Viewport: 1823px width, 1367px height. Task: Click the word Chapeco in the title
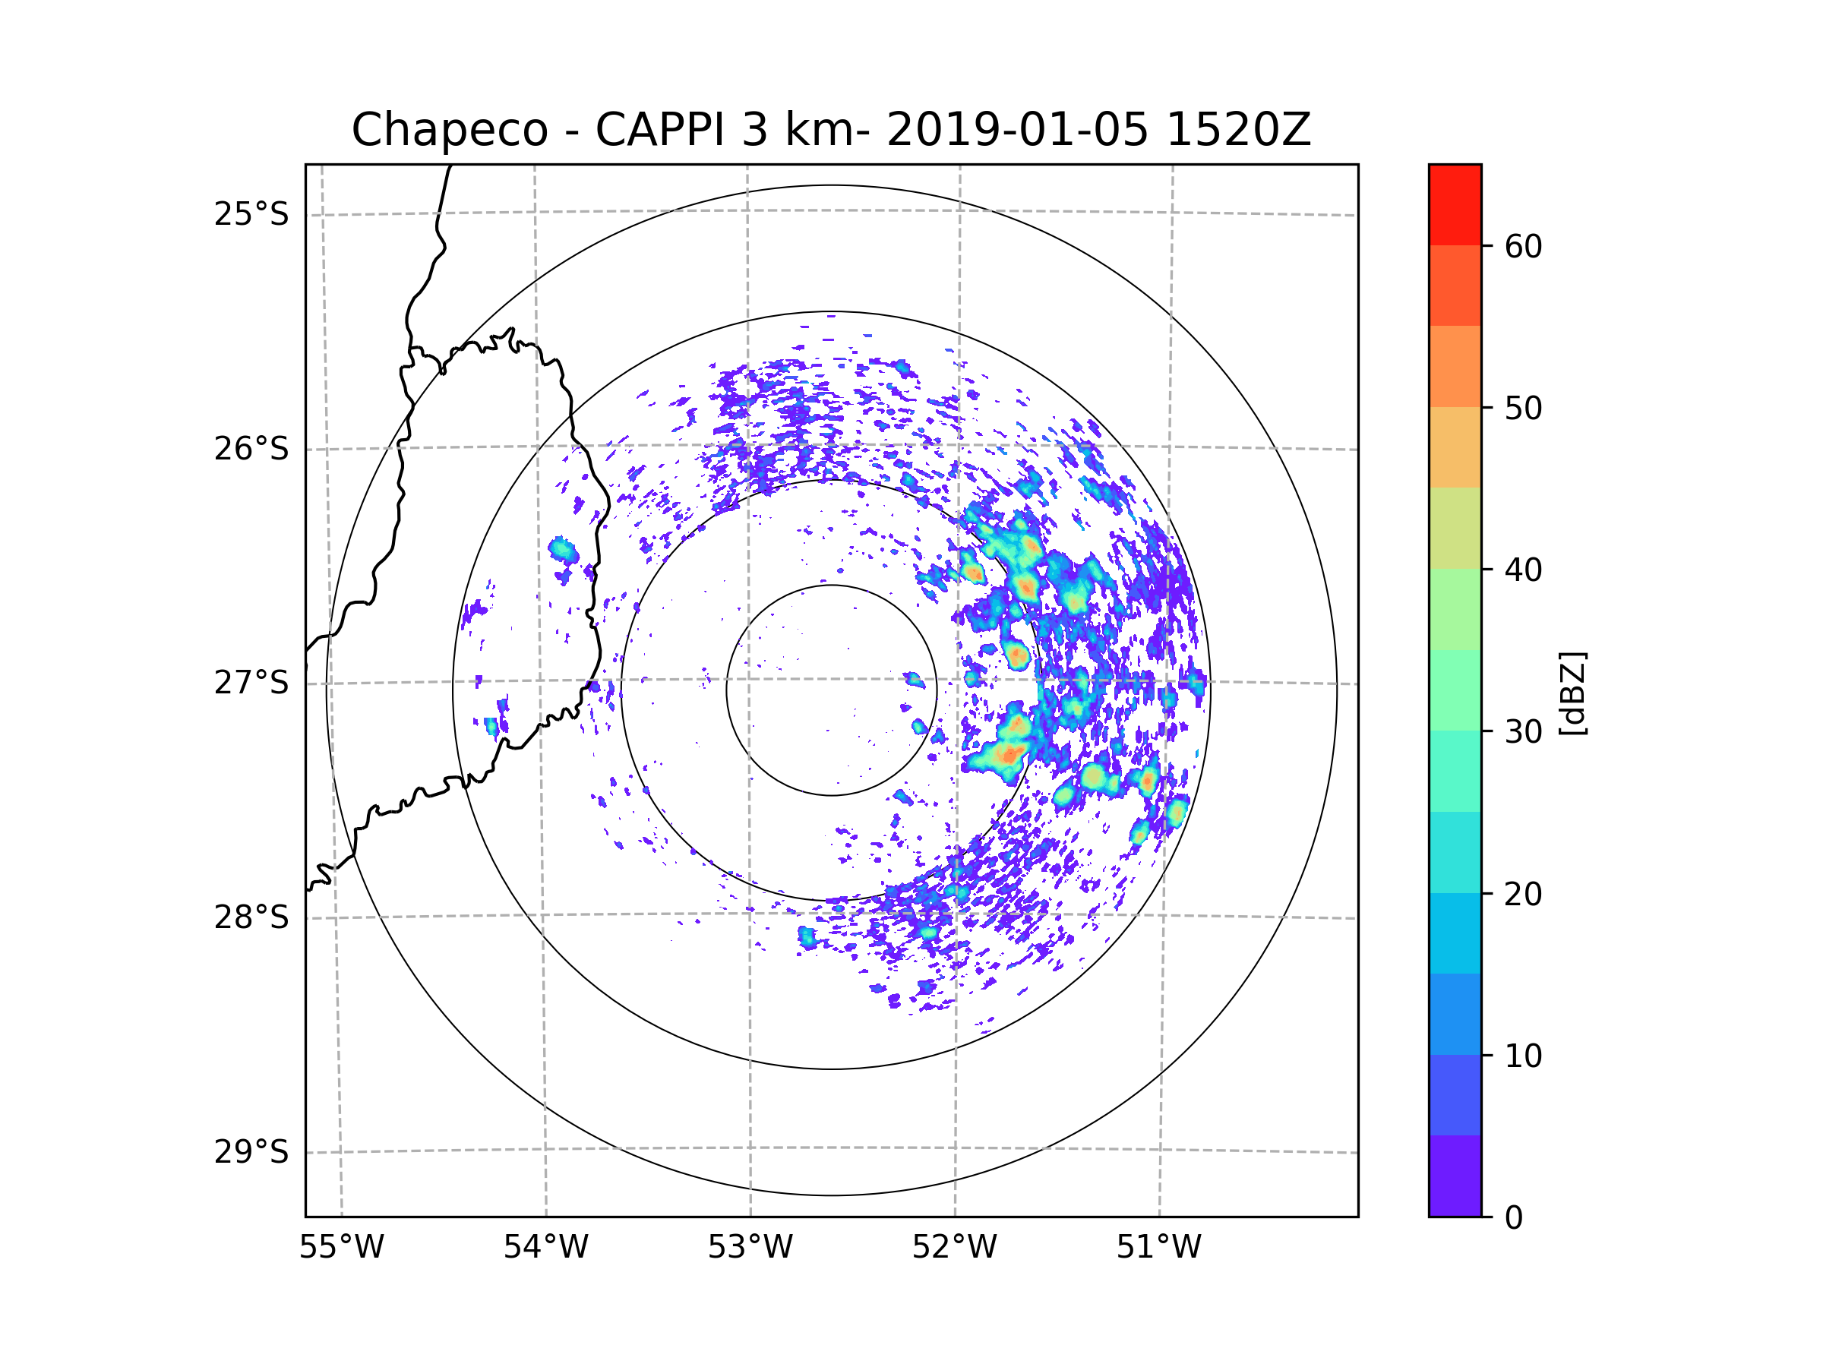point(449,130)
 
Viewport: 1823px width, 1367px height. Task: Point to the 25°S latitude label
point(251,214)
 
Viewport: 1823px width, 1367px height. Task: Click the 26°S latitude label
point(251,449)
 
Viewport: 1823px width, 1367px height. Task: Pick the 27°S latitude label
point(251,683)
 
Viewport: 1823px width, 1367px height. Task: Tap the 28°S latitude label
point(251,917)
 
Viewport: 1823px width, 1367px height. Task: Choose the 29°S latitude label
point(251,1152)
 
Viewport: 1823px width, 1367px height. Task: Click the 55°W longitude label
point(341,1248)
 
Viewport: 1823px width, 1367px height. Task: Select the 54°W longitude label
point(545,1248)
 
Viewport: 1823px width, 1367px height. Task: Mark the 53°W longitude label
point(750,1248)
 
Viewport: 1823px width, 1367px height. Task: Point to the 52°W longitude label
point(954,1248)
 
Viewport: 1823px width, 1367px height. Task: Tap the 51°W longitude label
point(1158,1248)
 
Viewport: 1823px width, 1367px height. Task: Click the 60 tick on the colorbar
point(1523,246)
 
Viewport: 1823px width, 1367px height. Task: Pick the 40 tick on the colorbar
point(1523,570)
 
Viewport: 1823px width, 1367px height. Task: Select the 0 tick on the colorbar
point(1514,1218)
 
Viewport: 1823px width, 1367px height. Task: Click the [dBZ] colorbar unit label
point(1572,693)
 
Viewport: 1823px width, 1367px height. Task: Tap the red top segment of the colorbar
point(1455,204)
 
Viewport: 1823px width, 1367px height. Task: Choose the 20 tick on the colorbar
point(1523,894)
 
